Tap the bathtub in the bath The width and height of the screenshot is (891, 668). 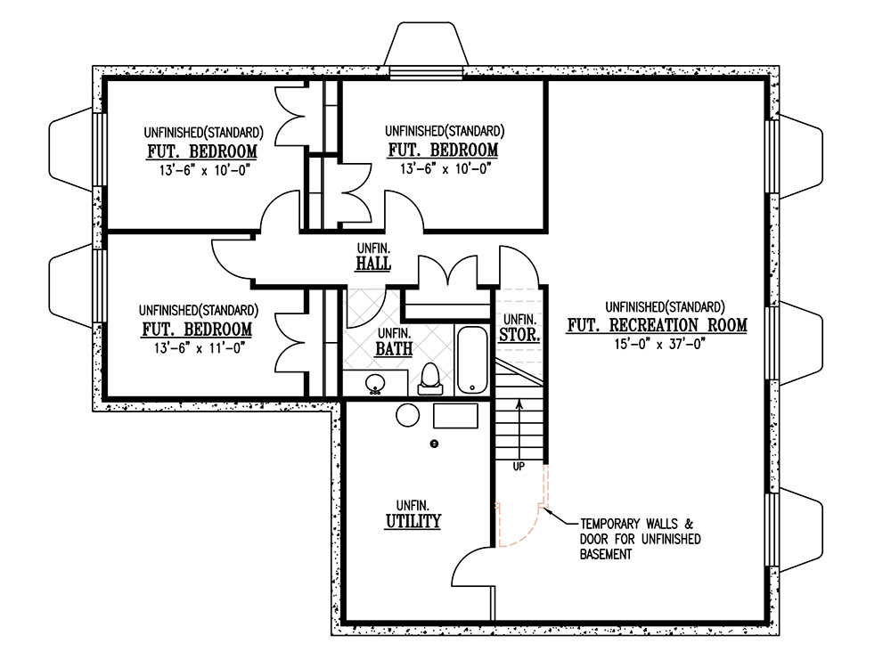(472, 360)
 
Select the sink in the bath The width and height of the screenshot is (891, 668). (375, 383)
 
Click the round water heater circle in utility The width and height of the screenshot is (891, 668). (407, 415)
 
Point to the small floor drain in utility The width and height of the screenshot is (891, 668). (435, 444)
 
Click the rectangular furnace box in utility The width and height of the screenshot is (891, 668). (455, 416)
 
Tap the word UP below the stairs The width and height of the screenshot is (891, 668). (519, 467)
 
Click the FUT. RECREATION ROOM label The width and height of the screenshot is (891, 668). (657, 325)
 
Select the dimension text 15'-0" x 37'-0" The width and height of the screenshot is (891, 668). (659, 344)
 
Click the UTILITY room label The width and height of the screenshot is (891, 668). (413, 521)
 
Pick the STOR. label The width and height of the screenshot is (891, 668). (519, 335)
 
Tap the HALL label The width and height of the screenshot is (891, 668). (373, 264)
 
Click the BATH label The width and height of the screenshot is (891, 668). (394, 349)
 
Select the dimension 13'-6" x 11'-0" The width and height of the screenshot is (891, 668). (199, 347)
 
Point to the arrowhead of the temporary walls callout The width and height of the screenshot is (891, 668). (544, 509)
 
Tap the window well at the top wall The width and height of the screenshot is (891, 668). (426, 45)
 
